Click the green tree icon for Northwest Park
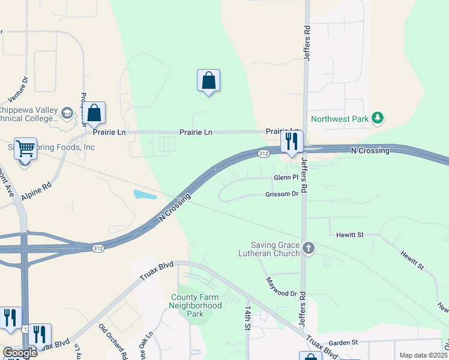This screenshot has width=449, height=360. point(377,118)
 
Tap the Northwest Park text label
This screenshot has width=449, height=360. point(340,119)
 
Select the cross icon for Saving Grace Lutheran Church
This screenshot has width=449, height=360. point(309,248)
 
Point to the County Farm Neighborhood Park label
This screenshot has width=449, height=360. point(196,305)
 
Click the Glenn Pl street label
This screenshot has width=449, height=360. point(286,178)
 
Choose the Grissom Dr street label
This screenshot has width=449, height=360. point(282,194)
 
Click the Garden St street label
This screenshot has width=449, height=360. point(343,343)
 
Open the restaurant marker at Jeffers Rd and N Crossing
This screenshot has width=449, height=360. point(292,142)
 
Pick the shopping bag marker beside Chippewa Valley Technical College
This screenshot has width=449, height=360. point(94,113)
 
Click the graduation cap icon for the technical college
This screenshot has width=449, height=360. point(67,113)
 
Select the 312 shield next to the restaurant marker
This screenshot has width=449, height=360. point(264,154)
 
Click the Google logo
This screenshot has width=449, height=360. point(19,353)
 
